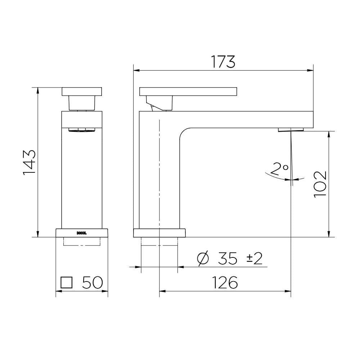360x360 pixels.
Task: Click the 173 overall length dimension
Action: tap(223, 62)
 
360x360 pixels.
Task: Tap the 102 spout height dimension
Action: tap(320, 184)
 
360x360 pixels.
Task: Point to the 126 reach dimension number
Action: tap(225, 283)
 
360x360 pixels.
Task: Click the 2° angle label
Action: tap(279, 168)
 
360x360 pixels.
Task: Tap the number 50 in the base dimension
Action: tap(93, 283)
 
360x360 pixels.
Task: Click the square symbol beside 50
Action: tap(67, 283)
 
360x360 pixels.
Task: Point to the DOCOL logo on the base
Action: tap(82, 233)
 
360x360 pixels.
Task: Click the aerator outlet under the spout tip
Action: tap(291, 130)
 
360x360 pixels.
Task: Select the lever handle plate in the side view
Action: tap(188, 91)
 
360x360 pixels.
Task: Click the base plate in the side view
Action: tap(159, 233)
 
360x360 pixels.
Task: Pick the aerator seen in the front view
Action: tap(82, 130)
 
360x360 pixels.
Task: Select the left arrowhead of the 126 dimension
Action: tap(162, 291)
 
